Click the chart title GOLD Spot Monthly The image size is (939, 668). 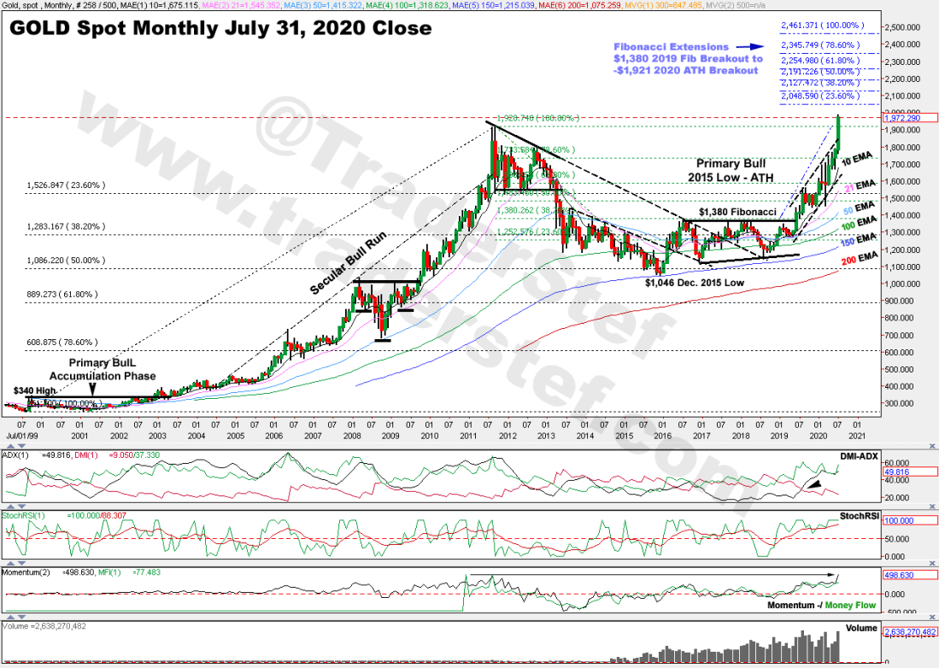point(220,29)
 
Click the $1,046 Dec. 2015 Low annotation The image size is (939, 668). point(695,282)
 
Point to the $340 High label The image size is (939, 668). point(27,390)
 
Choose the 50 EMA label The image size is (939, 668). point(861,210)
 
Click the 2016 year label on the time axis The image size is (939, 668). point(662,436)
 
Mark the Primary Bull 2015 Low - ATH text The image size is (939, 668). point(731,169)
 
